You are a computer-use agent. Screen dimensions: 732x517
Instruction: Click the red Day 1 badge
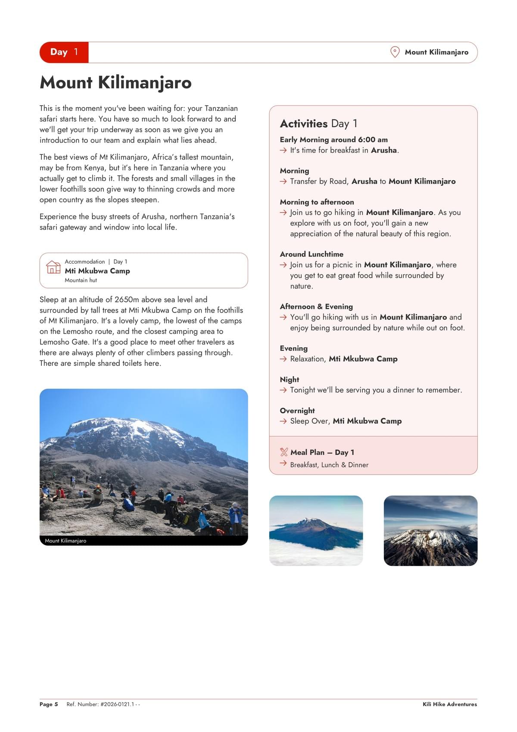point(64,52)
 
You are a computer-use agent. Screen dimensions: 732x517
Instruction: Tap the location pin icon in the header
point(395,52)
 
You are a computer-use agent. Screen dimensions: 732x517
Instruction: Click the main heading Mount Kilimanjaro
point(115,82)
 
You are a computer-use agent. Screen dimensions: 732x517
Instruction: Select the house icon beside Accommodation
point(53,267)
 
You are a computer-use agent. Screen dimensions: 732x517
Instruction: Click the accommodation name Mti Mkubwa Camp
point(97,271)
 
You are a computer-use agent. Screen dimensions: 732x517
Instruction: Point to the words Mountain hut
point(81,280)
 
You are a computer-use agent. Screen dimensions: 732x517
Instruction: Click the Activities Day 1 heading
point(318,124)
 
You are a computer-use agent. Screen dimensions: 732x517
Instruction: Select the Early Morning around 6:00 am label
point(333,140)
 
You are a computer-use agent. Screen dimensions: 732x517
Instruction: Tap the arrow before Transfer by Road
point(283,182)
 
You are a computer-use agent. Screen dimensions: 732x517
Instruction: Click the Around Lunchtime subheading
point(311,254)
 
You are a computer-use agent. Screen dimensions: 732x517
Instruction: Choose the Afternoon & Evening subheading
point(316,306)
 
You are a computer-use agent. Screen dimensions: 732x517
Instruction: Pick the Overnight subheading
point(297,411)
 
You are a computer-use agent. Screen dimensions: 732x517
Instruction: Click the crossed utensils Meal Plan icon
point(283,452)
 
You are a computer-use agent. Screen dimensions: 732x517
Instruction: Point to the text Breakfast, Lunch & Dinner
point(329,465)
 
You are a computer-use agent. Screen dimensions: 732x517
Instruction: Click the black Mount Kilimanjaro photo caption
point(65,541)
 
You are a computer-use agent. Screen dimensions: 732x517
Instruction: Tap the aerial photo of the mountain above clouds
point(316,531)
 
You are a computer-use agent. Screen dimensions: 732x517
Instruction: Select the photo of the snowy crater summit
point(430,531)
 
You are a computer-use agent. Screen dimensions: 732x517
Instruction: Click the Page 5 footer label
point(49,704)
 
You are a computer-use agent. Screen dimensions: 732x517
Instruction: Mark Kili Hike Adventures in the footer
point(449,704)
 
